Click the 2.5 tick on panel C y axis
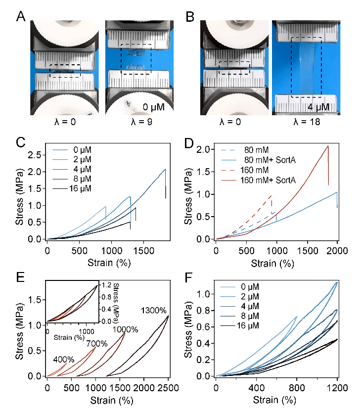(x=36, y=155)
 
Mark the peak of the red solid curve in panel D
(x=327, y=146)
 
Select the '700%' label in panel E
(x=97, y=344)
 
